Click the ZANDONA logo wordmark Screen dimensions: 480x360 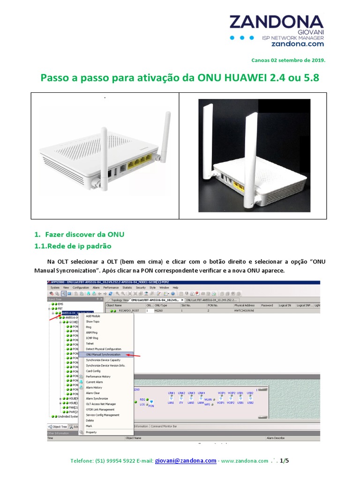[276, 22]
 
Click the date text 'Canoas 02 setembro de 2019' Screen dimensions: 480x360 [288, 60]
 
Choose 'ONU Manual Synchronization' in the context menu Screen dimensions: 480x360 [103, 355]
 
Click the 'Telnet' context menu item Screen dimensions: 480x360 [90, 344]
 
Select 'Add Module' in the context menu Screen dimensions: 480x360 [93, 316]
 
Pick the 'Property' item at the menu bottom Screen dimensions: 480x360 [91, 432]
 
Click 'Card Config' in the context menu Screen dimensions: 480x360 [93, 371]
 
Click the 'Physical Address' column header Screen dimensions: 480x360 [244, 305]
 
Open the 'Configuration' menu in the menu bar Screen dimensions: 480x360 [81, 287]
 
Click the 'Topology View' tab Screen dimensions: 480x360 [119, 300]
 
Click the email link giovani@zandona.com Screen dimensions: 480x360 [186, 461]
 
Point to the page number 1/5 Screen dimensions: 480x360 [284, 461]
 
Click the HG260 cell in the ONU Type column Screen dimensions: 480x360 [158, 311]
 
